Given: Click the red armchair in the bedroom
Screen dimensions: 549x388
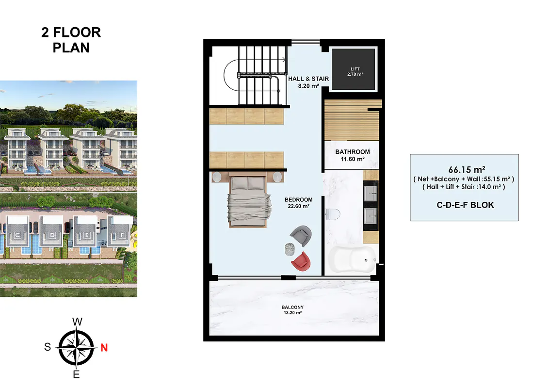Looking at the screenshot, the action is pos(301,261).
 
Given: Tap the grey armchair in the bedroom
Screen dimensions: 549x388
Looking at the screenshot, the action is pos(301,235).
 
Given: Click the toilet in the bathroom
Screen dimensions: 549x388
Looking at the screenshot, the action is pos(333,214).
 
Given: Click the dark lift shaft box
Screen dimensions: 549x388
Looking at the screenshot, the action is pos(354,69).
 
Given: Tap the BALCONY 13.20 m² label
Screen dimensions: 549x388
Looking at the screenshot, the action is pos(293,310).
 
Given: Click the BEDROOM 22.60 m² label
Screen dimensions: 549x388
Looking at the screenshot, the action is pos(299,203).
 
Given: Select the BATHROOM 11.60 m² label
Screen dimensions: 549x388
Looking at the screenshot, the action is pos(353,155).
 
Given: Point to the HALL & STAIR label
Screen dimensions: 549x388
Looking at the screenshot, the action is pos(308,79).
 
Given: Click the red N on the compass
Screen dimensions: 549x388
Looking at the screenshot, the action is pos(104,348).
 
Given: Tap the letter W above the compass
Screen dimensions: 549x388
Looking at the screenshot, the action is pos(78,322).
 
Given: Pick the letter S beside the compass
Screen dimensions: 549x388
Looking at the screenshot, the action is pos(48,347).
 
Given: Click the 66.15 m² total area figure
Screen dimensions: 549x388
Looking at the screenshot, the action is pos(467,169).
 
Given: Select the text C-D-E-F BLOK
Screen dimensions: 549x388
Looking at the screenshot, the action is pos(465,205).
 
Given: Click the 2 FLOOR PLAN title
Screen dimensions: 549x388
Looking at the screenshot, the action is pos(71,40).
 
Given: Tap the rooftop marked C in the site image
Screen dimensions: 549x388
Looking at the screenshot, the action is pos(18,235).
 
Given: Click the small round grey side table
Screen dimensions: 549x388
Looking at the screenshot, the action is pos(290,249).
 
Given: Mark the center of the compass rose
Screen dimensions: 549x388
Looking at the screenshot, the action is pos(76,348).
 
